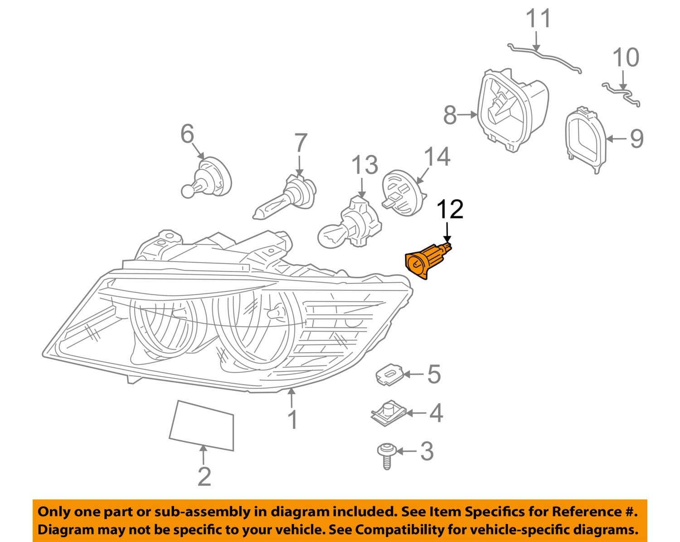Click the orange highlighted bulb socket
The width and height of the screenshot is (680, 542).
tap(426, 261)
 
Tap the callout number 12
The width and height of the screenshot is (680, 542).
tap(450, 210)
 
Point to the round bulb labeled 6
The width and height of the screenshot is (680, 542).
tap(208, 177)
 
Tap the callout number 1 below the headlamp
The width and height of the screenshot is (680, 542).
tap(293, 419)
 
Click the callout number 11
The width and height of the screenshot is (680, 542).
tap(538, 19)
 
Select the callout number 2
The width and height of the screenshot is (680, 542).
tap(204, 476)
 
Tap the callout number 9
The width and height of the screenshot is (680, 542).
tap(636, 138)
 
